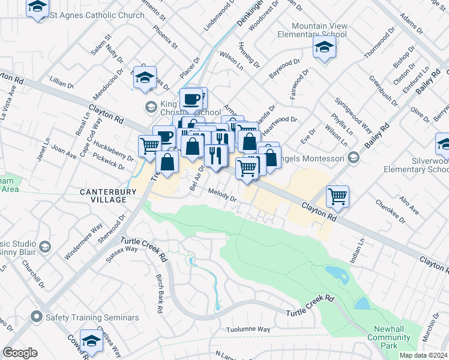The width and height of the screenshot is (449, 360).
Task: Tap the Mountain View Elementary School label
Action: tap(319, 30)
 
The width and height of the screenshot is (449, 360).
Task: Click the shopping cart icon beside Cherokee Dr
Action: tap(338, 196)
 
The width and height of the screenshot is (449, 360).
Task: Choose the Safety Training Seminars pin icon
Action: tap(37, 317)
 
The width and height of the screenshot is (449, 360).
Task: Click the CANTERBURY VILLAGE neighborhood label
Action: tap(106, 193)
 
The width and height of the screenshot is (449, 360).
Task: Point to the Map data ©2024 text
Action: tap(423, 355)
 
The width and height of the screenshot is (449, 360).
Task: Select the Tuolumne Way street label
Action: tap(248, 329)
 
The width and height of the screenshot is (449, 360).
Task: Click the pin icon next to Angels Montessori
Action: tap(354, 158)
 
